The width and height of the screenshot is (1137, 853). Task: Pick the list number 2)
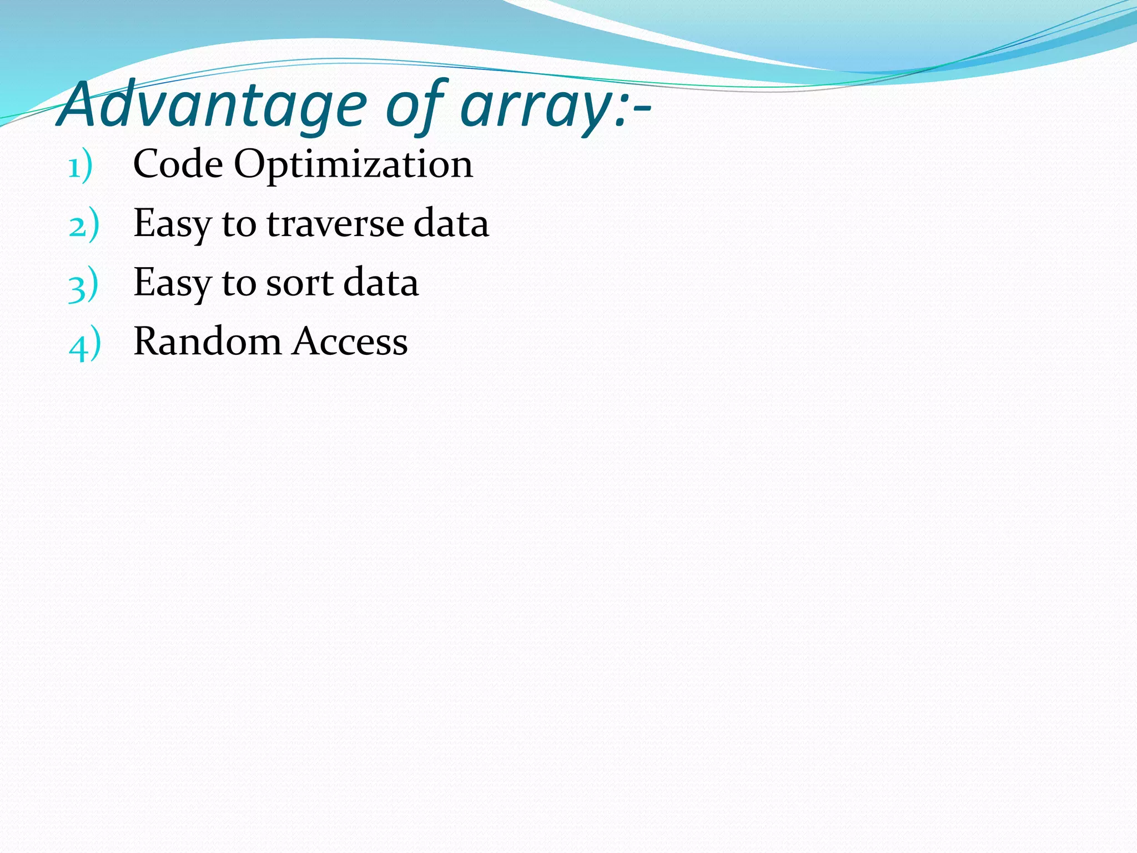pyautogui.click(x=84, y=225)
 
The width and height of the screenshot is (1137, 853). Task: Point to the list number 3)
pyautogui.click(x=83, y=285)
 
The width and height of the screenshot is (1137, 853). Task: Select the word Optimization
pyautogui.click(x=353, y=165)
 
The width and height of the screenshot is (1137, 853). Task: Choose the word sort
pyautogui.click(x=300, y=283)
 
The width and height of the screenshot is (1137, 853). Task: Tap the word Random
pyautogui.click(x=207, y=341)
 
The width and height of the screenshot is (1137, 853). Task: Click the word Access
pyautogui.click(x=350, y=341)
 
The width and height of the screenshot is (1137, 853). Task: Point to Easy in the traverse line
pyautogui.click(x=172, y=225)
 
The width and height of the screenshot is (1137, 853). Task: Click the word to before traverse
pyautogui.click(x=239, y=224)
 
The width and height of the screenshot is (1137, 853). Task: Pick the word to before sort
pyautogui.click(x=239, y=284)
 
